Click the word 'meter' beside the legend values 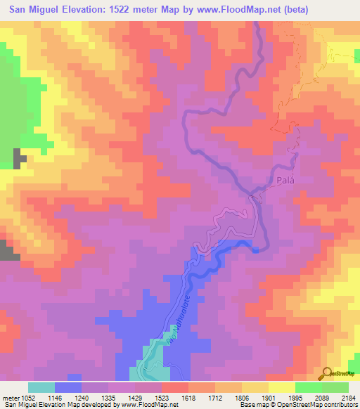point(13,397)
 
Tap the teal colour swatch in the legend point(41,387)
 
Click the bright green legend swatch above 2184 point(335,387)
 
